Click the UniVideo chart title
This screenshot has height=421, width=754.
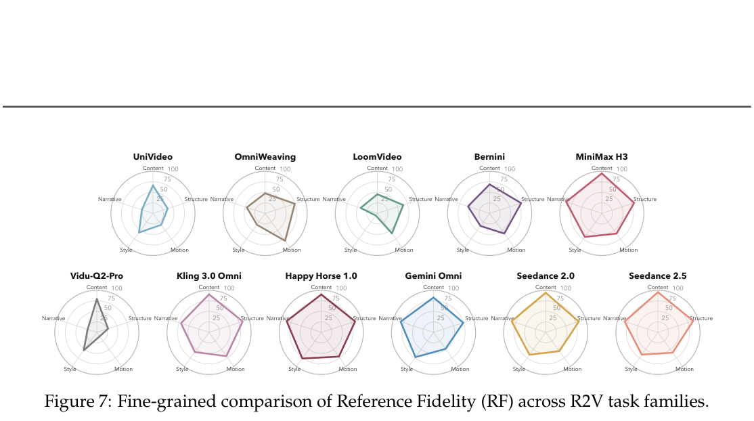[153, 157]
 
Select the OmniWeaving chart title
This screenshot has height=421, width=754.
[265, 157]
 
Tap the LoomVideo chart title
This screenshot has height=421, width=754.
[377, 157]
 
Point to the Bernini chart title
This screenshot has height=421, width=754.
[489, 157]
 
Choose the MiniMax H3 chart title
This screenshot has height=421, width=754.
[602, 157]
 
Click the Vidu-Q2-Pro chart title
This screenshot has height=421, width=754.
[97, 276]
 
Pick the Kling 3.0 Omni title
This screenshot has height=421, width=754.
[208, 276]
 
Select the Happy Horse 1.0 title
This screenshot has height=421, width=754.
[321, 276]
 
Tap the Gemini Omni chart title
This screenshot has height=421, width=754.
[433, 276]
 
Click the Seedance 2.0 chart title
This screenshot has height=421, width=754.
[546, 276]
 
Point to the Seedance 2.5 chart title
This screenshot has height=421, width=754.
[657, 276]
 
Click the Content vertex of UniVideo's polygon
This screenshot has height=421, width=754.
[153, 185]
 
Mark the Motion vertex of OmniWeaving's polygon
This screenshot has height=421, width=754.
[285, 240]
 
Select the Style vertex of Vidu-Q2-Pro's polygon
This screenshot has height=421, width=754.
[84, 350]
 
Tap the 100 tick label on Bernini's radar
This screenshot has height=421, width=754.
[510, 169]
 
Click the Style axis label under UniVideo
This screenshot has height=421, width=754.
[126, 250]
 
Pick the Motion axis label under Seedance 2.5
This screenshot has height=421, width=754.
[684, 370]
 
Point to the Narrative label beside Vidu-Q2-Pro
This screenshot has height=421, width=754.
[53, 319]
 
